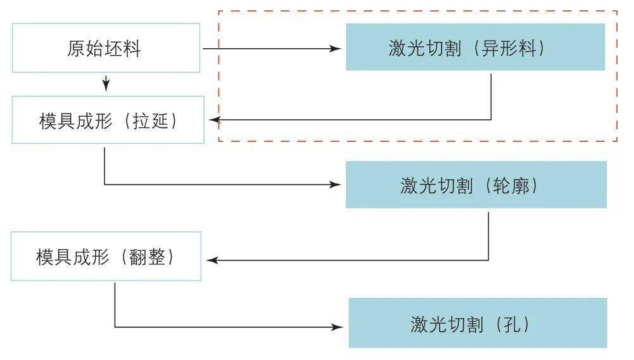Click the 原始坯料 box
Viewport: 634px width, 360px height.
(106, 48)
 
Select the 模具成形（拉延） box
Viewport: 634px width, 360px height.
(108, 120)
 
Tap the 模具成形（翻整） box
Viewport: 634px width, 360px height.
(106, 256)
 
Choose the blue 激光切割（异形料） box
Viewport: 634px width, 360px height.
(475, 47)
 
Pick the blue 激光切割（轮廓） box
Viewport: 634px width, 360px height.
(476, 185)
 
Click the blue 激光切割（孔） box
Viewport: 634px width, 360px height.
(478, 323)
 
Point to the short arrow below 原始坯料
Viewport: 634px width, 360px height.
(106, 83)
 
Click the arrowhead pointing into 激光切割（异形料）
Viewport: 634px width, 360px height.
(335, 49)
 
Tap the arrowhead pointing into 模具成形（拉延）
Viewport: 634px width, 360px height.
(215, 120)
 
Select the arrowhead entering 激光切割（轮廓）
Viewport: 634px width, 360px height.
(335, 185)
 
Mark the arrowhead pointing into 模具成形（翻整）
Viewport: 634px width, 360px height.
(212, 260)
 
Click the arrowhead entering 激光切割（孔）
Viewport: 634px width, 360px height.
(338, 327)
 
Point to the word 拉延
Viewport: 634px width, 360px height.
(150, 121)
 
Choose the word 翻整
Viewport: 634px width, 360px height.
(147, 257)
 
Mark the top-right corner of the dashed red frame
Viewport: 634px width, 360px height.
(617, 11)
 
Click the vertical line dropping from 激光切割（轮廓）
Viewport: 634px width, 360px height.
(488, 236)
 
